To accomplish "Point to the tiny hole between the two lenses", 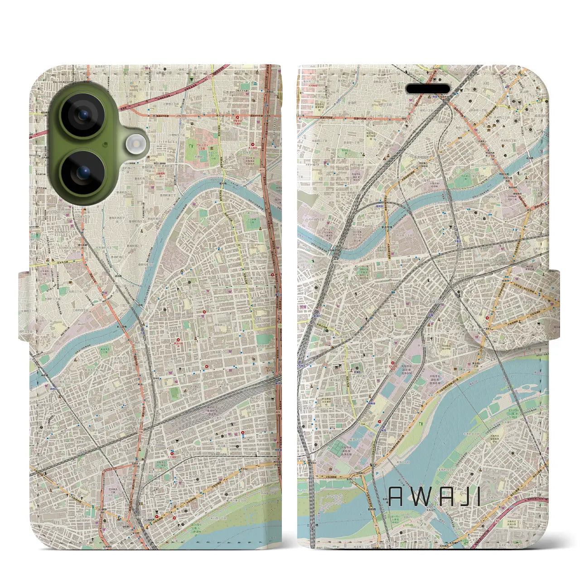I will pos(105,145).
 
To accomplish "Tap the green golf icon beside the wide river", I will pos(421,424).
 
